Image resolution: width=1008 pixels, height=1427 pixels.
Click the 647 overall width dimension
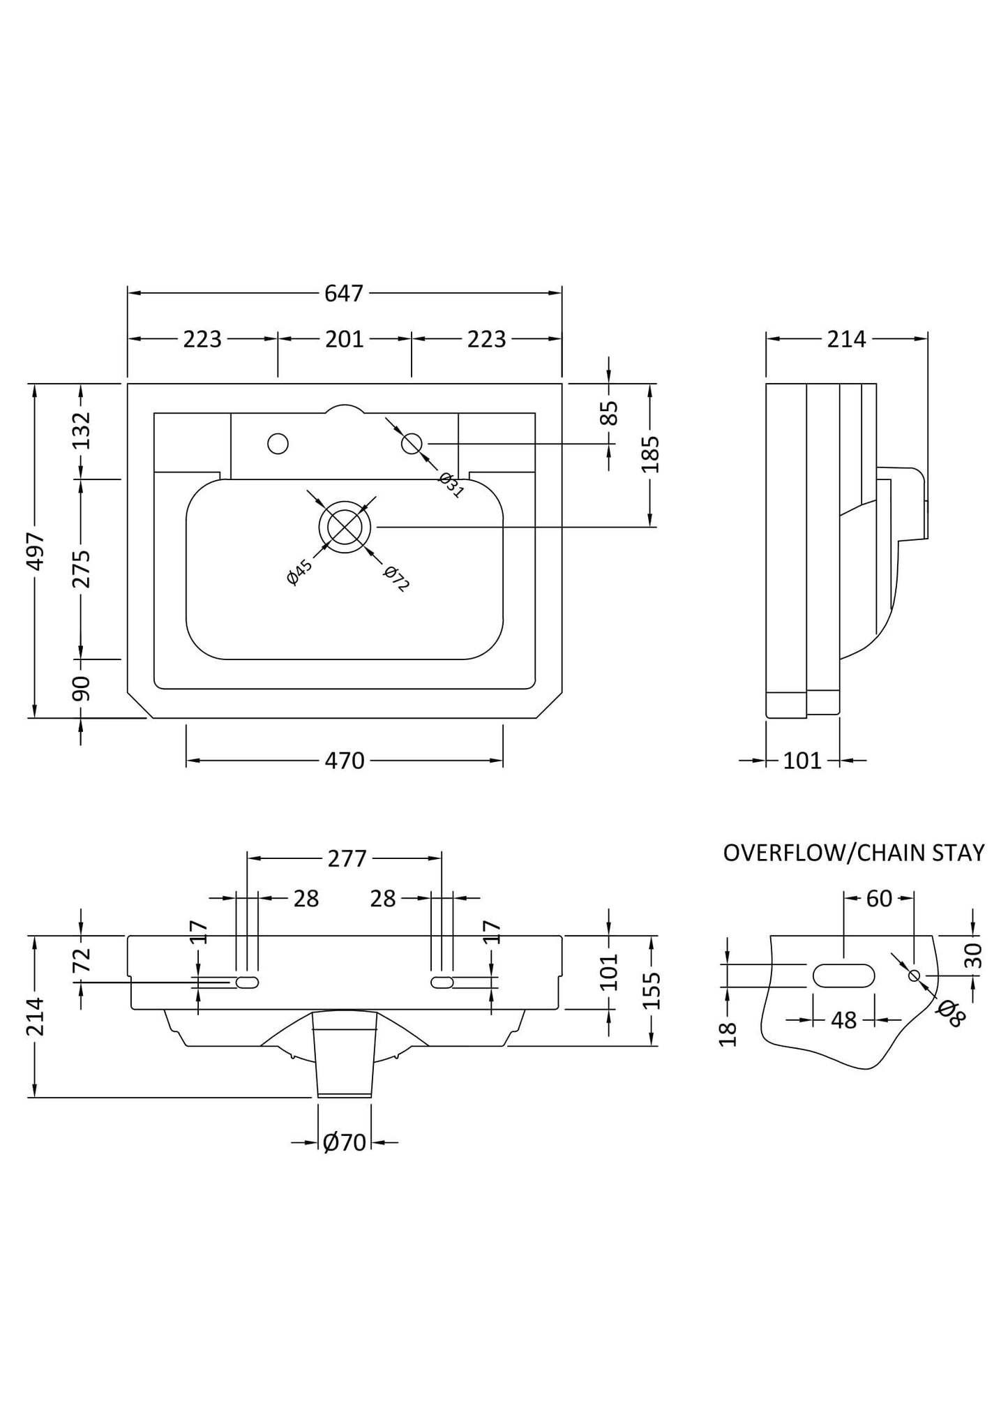344,294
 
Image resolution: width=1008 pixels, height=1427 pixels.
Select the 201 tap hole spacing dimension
344,339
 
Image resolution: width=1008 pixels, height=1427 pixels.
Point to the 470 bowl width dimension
344,761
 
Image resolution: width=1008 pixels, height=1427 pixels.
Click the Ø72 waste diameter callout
396,578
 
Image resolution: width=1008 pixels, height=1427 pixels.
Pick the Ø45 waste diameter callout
299,572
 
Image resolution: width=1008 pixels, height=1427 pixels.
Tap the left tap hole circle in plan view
278,443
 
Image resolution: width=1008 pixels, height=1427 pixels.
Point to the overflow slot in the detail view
843,976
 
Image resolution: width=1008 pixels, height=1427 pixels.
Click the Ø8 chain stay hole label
951,1013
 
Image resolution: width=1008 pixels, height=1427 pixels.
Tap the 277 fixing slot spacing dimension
347,858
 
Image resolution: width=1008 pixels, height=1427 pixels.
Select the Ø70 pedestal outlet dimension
344,1142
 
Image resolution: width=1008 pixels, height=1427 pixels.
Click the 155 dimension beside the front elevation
651,990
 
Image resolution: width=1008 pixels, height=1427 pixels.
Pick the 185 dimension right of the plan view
651,454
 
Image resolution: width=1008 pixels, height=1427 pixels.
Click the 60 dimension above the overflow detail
879,899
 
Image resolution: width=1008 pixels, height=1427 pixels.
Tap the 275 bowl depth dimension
82,569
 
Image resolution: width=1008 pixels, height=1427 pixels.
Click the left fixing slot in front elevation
247,983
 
